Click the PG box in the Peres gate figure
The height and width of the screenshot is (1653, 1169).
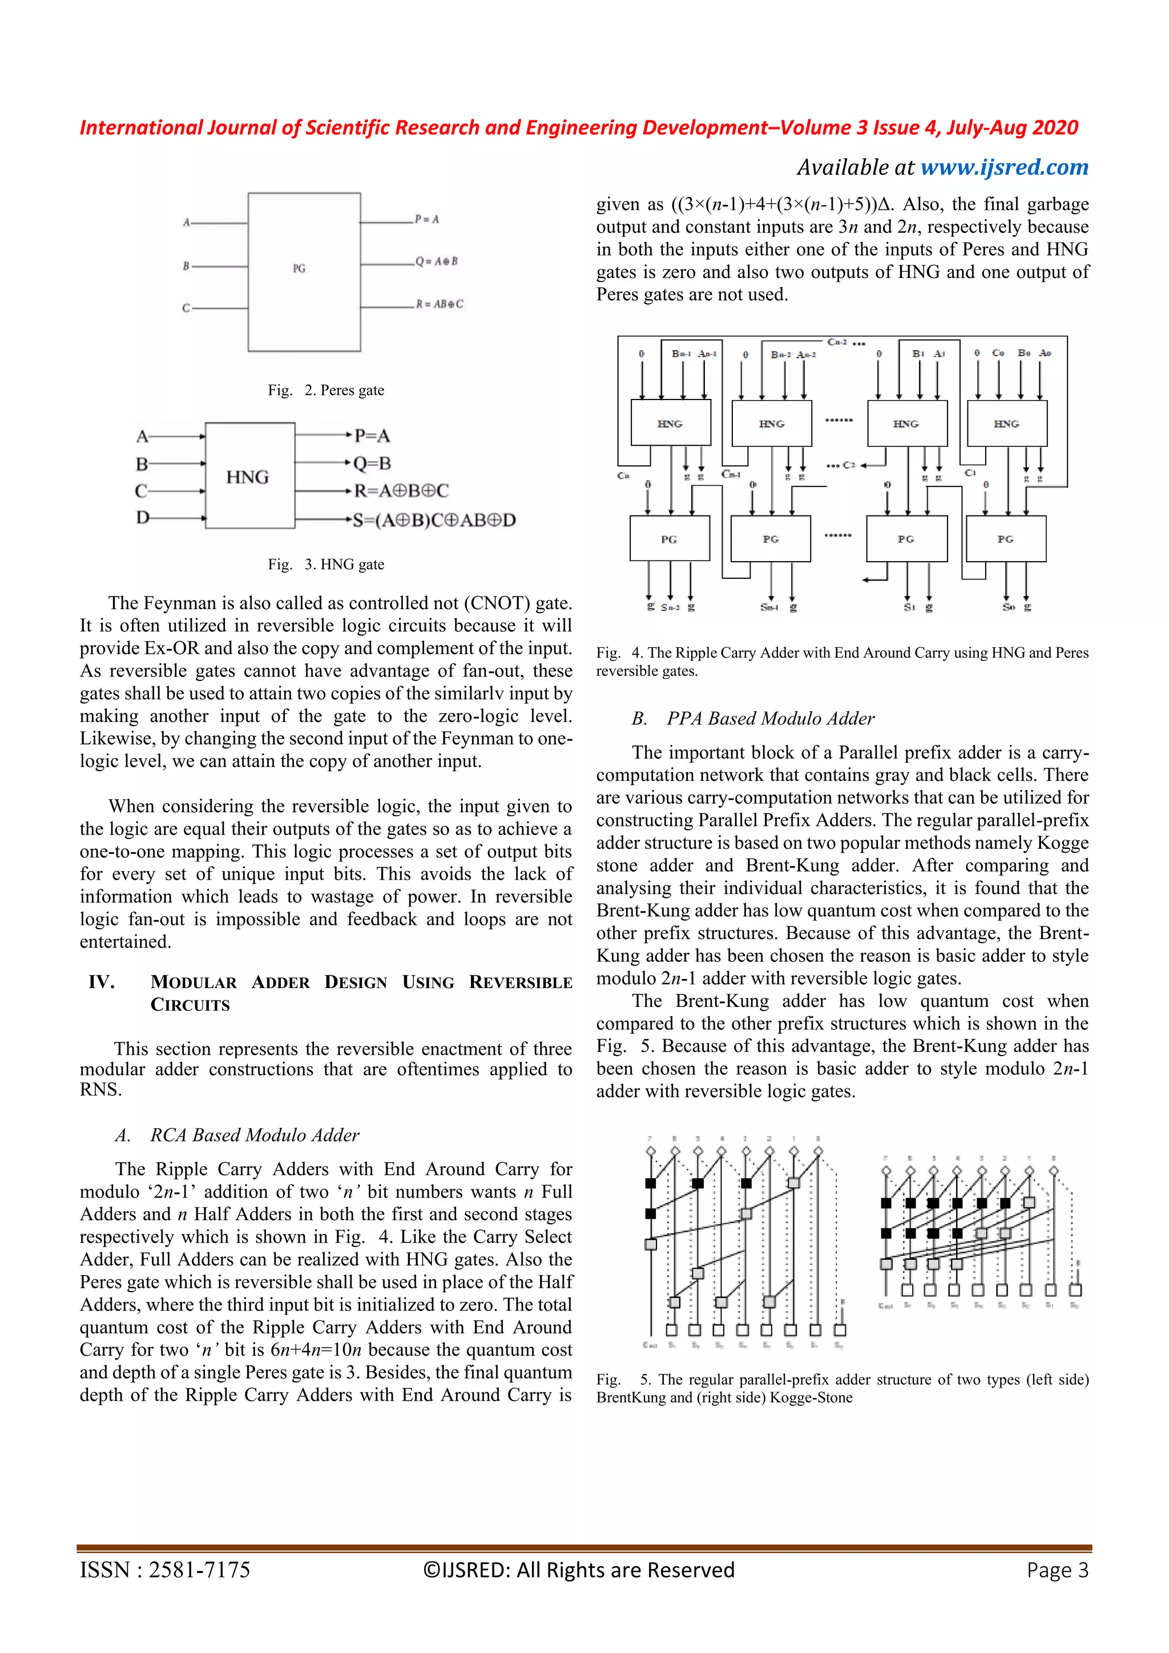pyautogui.click(x=304, y=272)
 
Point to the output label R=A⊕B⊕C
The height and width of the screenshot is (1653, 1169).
pyautogui.click(x=401, y=491)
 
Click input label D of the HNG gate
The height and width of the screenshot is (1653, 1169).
pyautogui.click(x=143, y=518)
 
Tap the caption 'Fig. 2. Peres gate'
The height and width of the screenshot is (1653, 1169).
pyautogui.click(x=326, y=390)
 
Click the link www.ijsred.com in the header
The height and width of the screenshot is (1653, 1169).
pyautogui.click(x=1004, y=167)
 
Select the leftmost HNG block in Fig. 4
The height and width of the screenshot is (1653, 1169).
pyautogui.click(x=670, y=424)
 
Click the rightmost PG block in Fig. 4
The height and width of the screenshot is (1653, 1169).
pyautogui.click(x=1006, y=538)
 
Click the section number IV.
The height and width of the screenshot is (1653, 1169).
pyautogui.click(x=102, y=982)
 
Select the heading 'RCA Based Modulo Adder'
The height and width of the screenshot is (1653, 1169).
pyautogui.click(x=254, y=1135)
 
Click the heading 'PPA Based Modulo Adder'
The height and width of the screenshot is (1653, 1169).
pyautogui.click(x=770, y=719)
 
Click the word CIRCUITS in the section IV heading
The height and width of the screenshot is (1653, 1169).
pyautogui.click(x=190, y=1005)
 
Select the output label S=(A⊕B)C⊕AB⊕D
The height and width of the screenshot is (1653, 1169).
pyautogui.click(x=434, y=520)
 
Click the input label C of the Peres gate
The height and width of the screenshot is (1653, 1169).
pyautogui.click(x=186, y=308)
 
